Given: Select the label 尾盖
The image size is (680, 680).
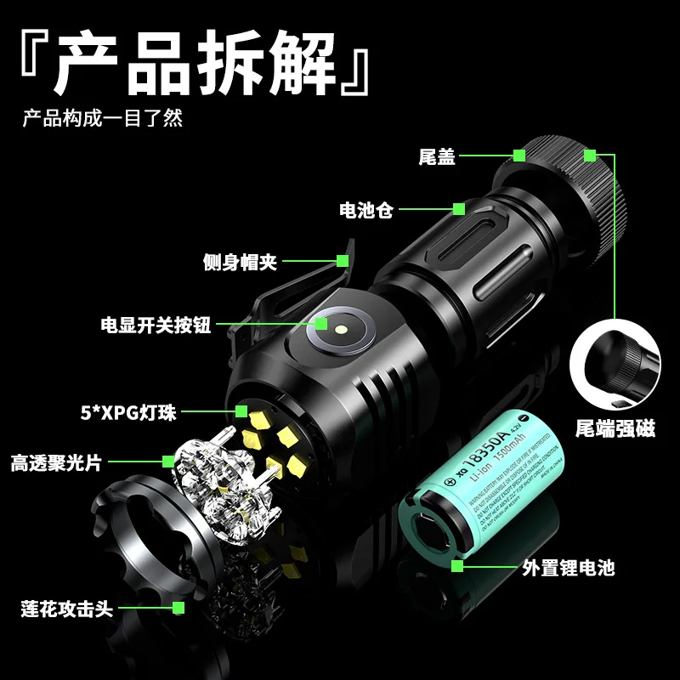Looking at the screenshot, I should point(437,157).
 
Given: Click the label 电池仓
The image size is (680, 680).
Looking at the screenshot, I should point(366,209).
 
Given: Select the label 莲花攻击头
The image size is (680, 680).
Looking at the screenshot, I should point(67,609).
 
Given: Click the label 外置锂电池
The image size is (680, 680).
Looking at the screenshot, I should point(569,567).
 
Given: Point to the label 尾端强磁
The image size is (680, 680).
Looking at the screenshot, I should point(615,428).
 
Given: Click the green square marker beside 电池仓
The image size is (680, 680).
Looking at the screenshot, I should point(459,208).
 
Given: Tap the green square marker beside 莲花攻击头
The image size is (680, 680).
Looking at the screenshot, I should point(178,608).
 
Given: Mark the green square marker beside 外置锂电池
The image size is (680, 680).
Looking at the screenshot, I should point(457,566).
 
